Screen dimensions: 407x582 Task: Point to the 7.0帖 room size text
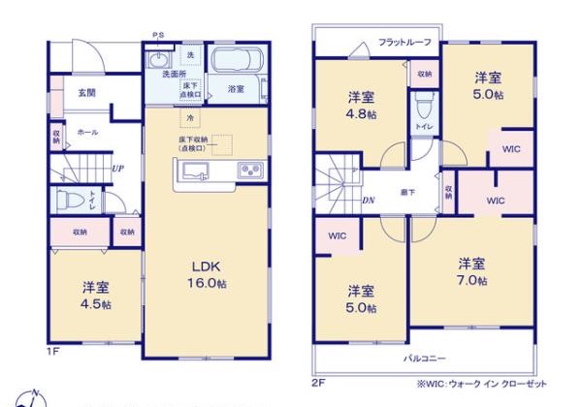pyautogui.click(x=472, y=281)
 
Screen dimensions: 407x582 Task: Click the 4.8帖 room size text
pyautogui.click(x=362, y=113)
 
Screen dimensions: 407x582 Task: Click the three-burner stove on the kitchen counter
pyautogui.click(x=249, y=171)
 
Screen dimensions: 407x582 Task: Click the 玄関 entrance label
pyautogui.click(x=86, y=94)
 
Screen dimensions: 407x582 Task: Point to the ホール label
pyautogui.click(x=86, y=131)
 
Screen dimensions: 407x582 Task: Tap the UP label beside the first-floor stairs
pyautogui.click(x=117, y=169)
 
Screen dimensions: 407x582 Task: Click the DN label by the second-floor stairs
pyautogui.click(x=369, y=201)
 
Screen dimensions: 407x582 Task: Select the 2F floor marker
pyautogui.click(x=317, y=380)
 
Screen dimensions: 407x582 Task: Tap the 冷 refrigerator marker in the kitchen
pyautogui.click(x=191, y=117)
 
